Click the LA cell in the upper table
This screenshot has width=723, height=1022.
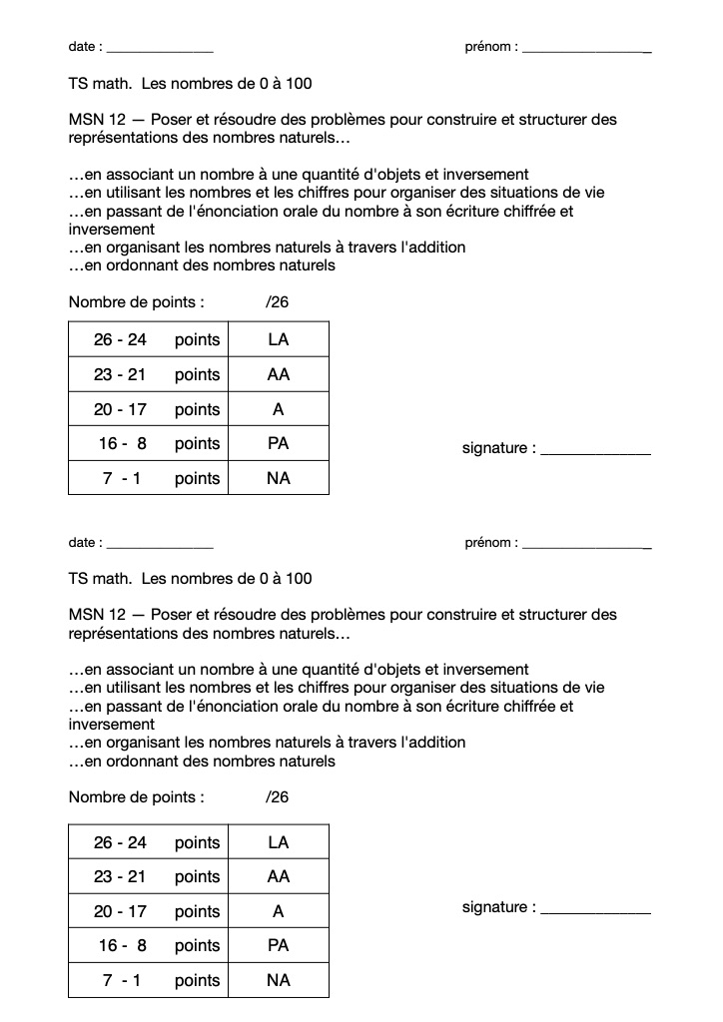coord(279,339)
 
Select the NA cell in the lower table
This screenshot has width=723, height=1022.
coord(279,980)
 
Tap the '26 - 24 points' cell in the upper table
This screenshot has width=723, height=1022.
coord(148,339)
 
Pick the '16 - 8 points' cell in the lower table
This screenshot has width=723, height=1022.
coord(148,945)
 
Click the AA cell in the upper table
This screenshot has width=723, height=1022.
coord(279,374)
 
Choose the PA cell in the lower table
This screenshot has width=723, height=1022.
coord(279,945)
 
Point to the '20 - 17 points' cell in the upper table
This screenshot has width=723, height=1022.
coord(148,409)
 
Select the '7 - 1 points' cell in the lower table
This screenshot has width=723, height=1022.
coord(148,980)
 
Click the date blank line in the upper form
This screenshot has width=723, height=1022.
coord(160,50)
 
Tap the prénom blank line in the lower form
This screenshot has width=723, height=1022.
coord(587,545)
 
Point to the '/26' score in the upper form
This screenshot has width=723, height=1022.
coord(278,302)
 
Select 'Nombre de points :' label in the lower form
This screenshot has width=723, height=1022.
coord(137,797)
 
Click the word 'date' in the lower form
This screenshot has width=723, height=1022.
coord(83,543)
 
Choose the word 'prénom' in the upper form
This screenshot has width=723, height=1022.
coord(488,47)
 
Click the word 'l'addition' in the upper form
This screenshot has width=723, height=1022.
coord(432,248)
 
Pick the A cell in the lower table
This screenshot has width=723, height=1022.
coord(279,911)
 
